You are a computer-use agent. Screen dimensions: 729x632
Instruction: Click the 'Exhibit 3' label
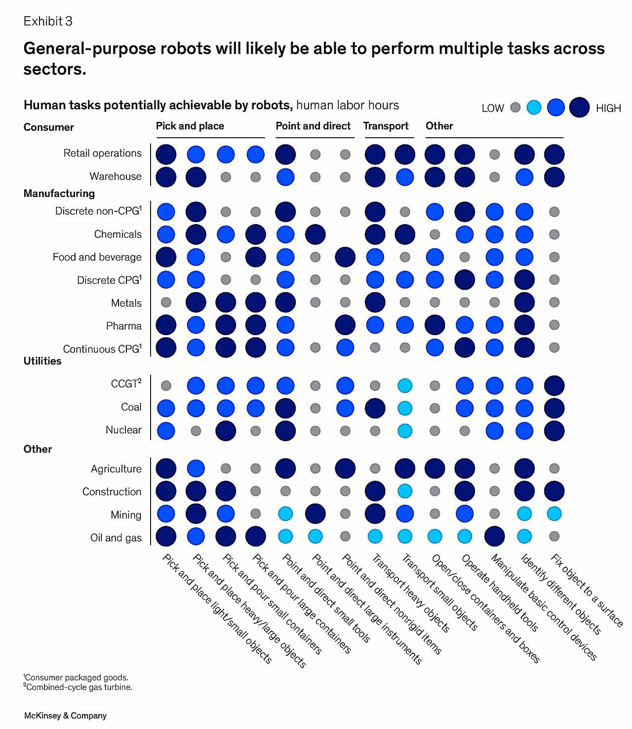pyautogui.click(x=48, y=21)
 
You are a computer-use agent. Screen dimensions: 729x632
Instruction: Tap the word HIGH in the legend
pyautogui.click(x=608, y=108)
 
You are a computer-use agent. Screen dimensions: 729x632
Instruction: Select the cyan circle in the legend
pyautogui.click(x=534, y=107)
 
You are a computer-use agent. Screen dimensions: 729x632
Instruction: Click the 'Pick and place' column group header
pyautogui.click(x=190, y=126)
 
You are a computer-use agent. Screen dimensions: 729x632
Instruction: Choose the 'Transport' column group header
pyautogui.click(x=386, y=126)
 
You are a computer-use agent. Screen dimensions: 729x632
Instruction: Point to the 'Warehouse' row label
pyautogui.click(x=116, y=176)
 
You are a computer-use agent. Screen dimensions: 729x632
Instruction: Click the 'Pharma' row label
pyautogui.click(x=123, y=326)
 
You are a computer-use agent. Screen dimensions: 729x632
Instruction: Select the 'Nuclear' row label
pyautogui.click(x=123, y=430)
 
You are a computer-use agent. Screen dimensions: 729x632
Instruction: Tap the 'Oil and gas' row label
pyautogui.click(x=116, y=537)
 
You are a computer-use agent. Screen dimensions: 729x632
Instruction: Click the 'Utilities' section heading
pyautogui.click(x=42, y=361)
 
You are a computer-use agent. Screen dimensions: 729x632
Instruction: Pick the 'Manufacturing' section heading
pyautogui.click(x=59, y=193)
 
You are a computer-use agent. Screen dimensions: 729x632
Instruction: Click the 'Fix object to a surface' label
pyautogui.click(x=587, y=590)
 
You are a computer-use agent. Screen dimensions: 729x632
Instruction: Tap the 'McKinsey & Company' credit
pyautogui.click(x=65, y=716)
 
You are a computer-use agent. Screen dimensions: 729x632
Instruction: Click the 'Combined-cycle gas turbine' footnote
pyautogui.click(x=79, y=687)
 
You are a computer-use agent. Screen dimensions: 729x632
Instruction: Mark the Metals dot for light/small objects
pyautogui.click(x=166, y=302)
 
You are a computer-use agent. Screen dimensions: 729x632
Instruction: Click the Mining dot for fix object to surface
pyautogui.click(x=554, y=514)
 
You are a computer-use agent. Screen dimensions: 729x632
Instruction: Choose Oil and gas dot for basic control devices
pyautogui.click(x=494, y=537)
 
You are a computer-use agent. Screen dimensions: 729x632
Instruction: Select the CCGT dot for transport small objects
pyautogui.click(x=405, y=385)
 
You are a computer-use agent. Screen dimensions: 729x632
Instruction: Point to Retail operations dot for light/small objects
pyautogui.click(x=166, y=154)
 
